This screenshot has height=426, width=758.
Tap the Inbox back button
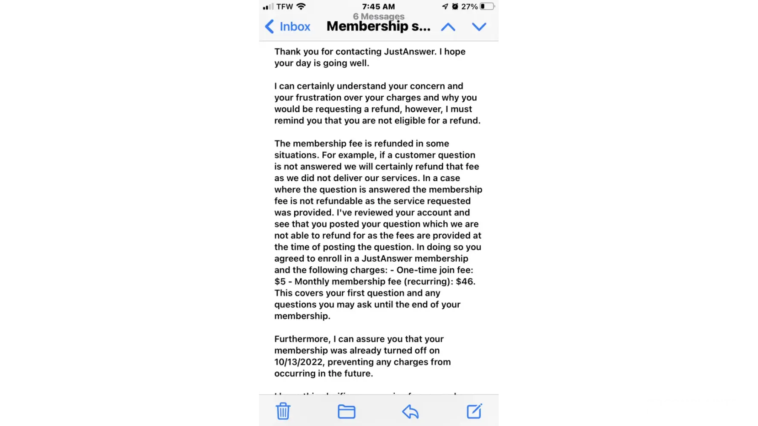288,26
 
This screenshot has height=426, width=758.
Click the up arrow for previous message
448,27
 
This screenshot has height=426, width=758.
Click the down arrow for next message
479,27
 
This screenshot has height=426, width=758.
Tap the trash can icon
283,411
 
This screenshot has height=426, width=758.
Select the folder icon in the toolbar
346,412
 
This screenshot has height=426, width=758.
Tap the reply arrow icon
410,412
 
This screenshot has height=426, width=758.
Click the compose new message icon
474,411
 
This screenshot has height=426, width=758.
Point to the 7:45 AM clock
378,6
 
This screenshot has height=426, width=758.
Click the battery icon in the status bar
487,6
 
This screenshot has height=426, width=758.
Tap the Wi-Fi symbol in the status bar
301,6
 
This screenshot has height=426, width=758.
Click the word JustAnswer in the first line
410,52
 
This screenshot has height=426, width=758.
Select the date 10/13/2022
298,362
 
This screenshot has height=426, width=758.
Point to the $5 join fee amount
280,282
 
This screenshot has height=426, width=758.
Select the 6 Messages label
379,17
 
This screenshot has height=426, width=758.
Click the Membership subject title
378,26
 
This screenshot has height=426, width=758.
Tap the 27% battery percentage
469,6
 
